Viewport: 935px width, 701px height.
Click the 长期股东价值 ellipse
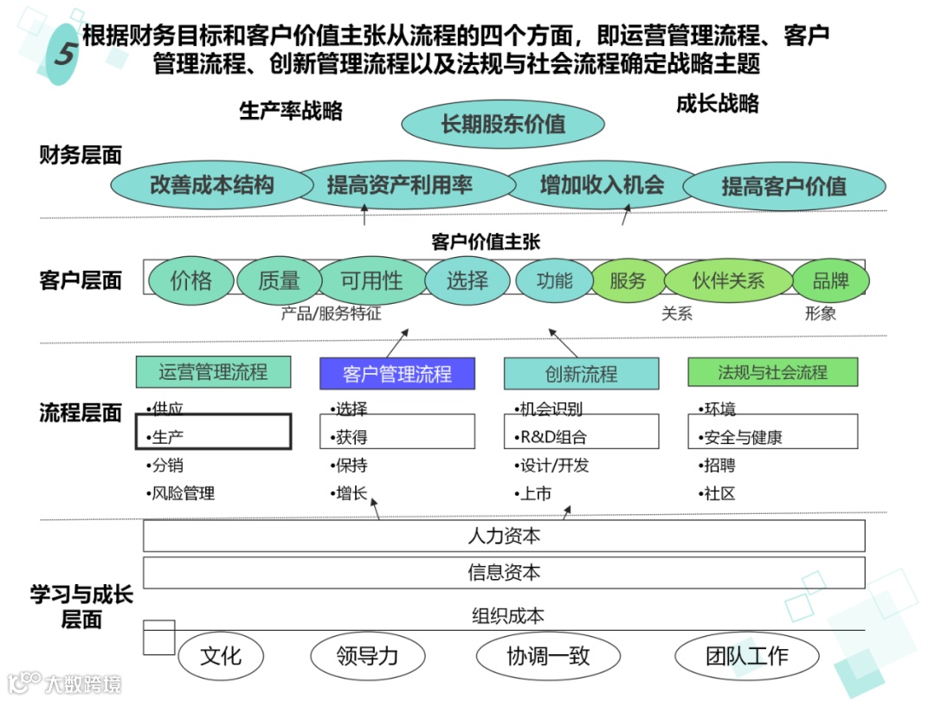[503, 124]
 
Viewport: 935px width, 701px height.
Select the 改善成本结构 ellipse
[212, 184]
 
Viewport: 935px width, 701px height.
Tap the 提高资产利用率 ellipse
[399, 184]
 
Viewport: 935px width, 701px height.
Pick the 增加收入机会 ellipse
[602, 184]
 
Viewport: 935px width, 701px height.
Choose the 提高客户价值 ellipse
[784, 186]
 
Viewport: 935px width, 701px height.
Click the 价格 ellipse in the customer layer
[191, 280]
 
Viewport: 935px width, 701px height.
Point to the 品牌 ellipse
[831, 280]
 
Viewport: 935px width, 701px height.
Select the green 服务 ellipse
[628, 280]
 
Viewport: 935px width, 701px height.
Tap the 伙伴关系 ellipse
[728, 280]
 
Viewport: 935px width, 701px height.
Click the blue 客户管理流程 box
[397, 374]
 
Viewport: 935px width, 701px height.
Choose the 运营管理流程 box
[213, 373]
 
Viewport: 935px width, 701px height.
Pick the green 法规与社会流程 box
[772, 373]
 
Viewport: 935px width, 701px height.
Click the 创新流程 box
[581, 374]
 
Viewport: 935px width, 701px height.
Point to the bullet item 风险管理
[183, 494]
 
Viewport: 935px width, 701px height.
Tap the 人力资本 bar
[504, 536]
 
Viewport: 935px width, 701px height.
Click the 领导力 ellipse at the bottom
[367, 655]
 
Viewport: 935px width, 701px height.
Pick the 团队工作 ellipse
[746, 655]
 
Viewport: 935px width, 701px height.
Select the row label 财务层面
[81, 156]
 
